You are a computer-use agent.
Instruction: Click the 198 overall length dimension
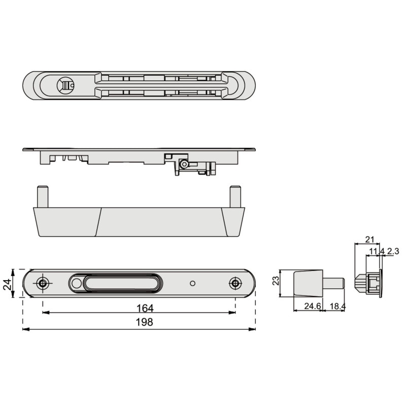(145, 322)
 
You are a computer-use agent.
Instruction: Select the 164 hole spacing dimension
(145, 309)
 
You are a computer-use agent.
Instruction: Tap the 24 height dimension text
(7, 284)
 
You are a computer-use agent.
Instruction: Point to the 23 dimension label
(276, 281)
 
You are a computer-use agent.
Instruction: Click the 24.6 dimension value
(313, 306)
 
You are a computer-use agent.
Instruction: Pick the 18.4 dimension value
(338, 307)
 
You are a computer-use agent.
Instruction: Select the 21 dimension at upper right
(370, 240)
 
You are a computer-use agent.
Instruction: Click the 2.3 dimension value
(393, 251)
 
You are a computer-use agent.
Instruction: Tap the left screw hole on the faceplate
(42, 283)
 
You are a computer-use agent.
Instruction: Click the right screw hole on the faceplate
(235, 283)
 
